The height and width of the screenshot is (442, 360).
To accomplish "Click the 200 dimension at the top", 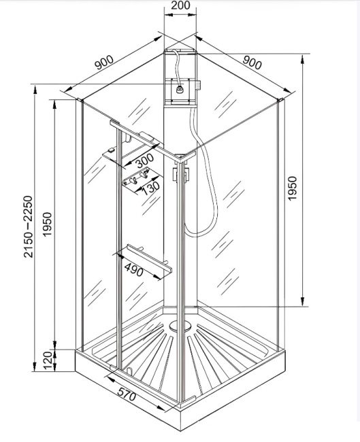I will tap(180, 6).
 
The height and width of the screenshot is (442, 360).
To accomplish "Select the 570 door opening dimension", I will tap(127, 394).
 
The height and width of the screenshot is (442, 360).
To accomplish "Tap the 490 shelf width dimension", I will tap(133, 270).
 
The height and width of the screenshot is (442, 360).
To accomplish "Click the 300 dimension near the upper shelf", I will tap(144, 162).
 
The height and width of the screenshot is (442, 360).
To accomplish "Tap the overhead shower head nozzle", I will tap(181, 88).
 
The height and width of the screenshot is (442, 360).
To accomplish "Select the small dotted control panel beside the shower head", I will tap(198, 86).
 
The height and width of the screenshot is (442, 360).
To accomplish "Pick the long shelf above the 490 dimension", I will tap(143, 262).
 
